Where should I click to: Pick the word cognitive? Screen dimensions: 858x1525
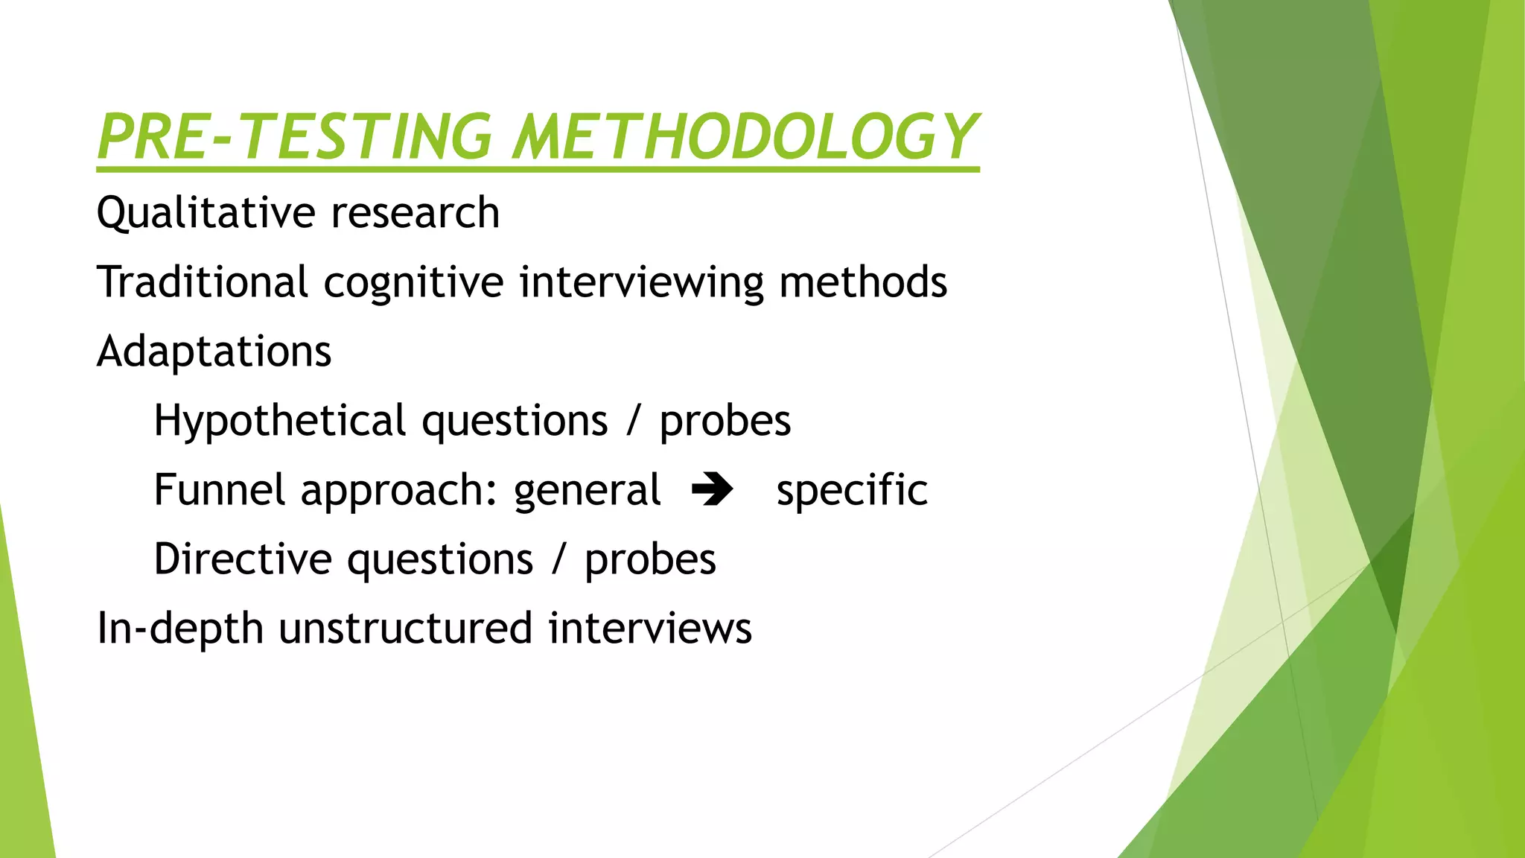(413, 283)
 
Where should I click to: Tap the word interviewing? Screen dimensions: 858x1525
(641, 283)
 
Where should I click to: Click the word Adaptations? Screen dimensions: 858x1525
(214, 352)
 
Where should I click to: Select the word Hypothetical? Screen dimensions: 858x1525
(279, 421)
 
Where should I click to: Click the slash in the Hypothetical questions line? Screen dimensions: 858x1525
(633, 421)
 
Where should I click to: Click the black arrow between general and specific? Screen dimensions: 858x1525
(713, 490)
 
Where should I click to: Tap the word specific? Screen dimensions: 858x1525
(852, 490)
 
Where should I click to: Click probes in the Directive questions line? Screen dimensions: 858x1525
(650, 560)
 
